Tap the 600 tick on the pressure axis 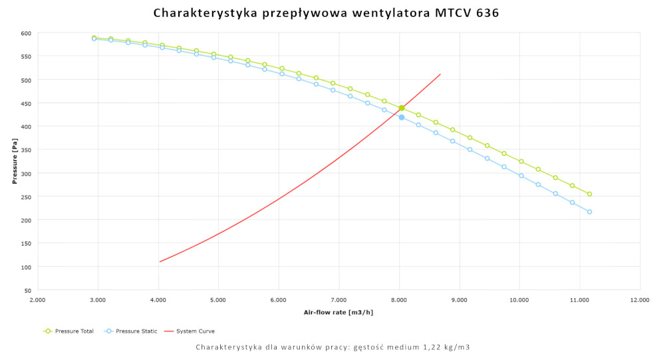point(25,33)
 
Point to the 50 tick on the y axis point(27,291)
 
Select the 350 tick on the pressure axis point(25,150)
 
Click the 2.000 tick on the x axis point(38,300)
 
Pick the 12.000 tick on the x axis point(640,300)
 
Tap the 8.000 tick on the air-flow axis point(399,300)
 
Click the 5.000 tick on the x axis point(218,300)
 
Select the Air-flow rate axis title point(338,312)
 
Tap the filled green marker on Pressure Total point(402,108)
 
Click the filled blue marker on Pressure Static point(402,117)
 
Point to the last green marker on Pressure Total point(589,194)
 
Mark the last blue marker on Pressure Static point(589,212)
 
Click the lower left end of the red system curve point(160,262)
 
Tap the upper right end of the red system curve point(440,74)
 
